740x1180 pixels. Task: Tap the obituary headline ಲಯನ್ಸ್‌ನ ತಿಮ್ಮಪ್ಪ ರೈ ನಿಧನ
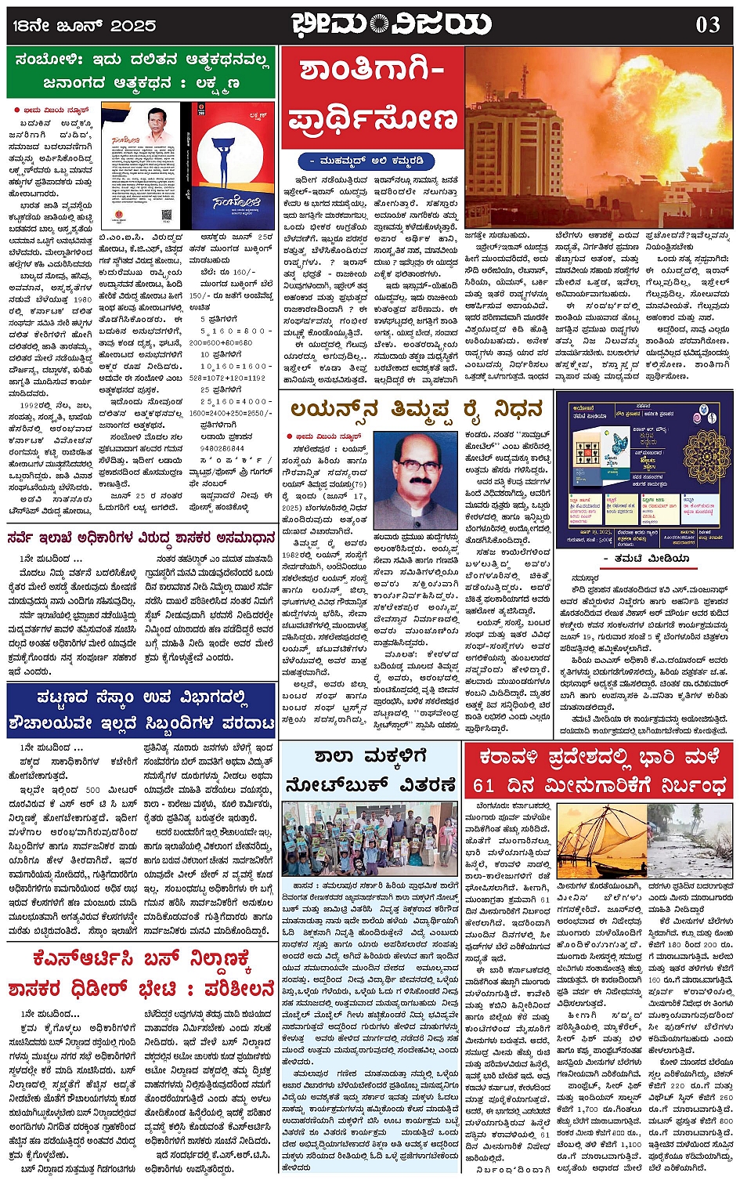(416, 409)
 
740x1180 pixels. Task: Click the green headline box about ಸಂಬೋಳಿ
(142, 71)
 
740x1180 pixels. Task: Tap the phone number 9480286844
(223, 448)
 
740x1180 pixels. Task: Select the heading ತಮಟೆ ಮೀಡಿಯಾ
(651, 558)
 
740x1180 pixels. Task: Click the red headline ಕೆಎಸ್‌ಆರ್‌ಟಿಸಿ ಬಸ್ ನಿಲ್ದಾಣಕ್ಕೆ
(142, 959)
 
